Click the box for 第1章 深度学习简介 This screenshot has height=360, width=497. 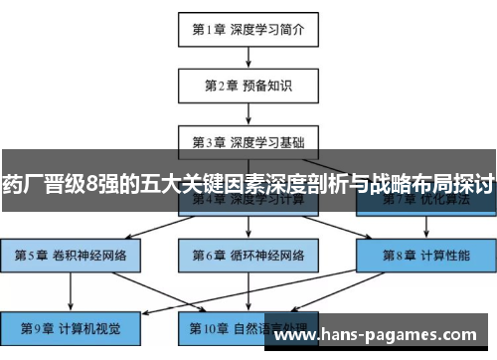pos(248,29)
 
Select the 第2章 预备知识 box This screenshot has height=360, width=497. pos(248,85)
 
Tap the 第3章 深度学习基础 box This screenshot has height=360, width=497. pos(248,140)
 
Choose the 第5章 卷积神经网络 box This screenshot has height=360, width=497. pos(71,255)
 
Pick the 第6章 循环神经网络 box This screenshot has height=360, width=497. pos(248,255)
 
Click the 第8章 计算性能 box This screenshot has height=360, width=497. pos(424,255)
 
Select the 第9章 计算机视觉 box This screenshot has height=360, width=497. pos(71,326)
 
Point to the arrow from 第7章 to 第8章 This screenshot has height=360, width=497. pos(424,228)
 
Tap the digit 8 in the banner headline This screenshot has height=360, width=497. pos(92,184)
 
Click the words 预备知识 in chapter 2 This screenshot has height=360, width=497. pos(265,85)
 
